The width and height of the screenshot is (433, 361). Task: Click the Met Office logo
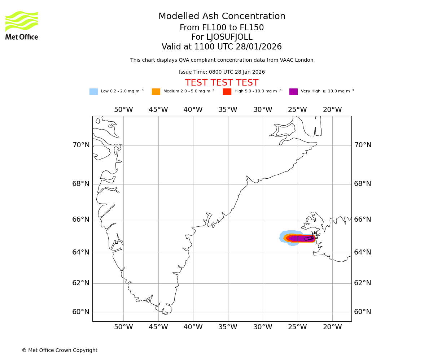pyautogui.click(x=22, y=26)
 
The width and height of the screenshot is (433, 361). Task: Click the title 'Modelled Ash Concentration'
pyautogui.click(x=222, y=17)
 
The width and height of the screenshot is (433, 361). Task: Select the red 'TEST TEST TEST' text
pyautogui.click(x=222, y=83)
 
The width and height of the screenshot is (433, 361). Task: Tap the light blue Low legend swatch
pyautogui.click(x=93, y=92)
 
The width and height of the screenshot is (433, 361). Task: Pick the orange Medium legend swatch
pyautogui.click(x=156, y=92)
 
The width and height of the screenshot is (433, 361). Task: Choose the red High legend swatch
pyautogui.click(x=227, y=92)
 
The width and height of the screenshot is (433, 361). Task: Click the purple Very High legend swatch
pyautogui.click(x=293, y=92)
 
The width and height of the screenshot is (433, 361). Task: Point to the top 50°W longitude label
pyautogui.click(x=123, y=110)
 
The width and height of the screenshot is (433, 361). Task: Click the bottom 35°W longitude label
pyautogui.click(x=228, y=327)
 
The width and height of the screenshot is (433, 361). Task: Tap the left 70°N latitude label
pyautogui.click(x=81, y=145)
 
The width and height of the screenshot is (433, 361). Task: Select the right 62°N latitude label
pyautogui.click(x=363, y=283)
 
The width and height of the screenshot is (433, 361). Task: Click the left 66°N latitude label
pyautogui.click(x=81, y=219)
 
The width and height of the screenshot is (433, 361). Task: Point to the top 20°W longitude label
pyautogui.click(x=332, y=110)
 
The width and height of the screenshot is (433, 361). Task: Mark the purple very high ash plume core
pyautogui.click(x=299, y=238)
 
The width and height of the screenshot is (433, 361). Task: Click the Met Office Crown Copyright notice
pyautogui.click(x=60, y=351)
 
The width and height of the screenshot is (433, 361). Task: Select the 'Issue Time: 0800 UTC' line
pyautogui.click(x=222, y=72)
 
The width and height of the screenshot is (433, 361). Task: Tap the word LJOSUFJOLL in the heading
pyautogui.click(x=230, y=37)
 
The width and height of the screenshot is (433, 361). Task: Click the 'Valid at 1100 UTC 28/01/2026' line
pyautogui.click(x=222, y=47)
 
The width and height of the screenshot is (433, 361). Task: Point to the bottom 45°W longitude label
pyautogui.click(x=158, y=327)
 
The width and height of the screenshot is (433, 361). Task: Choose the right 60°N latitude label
pyautogui.click(x=363, y=312)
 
